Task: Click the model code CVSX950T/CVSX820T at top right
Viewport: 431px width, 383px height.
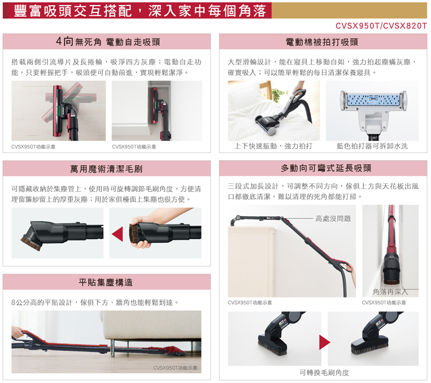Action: pos(381,26)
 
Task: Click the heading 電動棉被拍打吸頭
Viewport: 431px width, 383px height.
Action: pos(322,42)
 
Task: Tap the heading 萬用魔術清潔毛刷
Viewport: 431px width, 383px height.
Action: pos(106,169)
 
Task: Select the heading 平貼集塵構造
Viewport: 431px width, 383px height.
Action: pos(106,282)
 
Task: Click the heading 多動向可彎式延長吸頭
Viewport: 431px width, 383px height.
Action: pos(326,168)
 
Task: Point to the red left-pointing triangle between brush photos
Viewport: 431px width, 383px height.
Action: pos(117,234)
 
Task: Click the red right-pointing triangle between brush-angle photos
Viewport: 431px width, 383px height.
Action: pos(325,342)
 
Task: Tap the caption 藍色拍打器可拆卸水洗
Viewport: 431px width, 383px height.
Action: pos(372,146)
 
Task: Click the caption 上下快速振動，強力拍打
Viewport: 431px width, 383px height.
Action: pos(273,146)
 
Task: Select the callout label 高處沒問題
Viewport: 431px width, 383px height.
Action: pos(333,218)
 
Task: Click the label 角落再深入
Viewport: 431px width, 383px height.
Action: pos(390,292)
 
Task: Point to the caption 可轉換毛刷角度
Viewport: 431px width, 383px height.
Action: pos(324,373)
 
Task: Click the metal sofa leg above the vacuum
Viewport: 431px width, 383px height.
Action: pos(112,347)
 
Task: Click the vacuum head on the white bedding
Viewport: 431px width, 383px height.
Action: pos(267,124)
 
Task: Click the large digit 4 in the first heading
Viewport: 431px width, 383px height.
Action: pos(59,41)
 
